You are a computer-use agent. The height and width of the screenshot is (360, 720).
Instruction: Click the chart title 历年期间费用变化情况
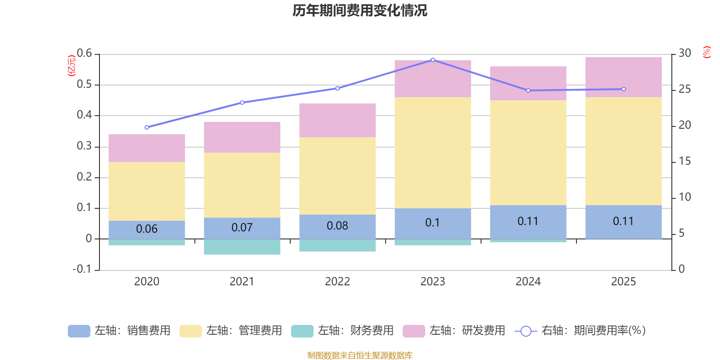(360, 10)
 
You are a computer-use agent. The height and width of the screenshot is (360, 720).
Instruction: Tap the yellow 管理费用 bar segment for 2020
(147, 191)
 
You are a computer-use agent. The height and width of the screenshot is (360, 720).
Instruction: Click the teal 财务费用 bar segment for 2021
(242, 247)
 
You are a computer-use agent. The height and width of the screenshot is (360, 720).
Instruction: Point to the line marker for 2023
(433, 60)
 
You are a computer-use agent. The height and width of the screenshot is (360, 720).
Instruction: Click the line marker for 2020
(147, 127)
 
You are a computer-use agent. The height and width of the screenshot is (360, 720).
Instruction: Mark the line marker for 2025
(624, 89)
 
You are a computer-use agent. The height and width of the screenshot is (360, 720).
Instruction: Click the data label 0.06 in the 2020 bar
(147, 229)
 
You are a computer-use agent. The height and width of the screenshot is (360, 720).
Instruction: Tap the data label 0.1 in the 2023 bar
(432, 223)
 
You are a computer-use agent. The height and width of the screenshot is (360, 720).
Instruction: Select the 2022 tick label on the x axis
(337, 282)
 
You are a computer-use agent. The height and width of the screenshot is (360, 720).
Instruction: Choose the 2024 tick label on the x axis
(528, 282)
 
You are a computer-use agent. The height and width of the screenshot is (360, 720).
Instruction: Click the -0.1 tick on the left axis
(82, 269)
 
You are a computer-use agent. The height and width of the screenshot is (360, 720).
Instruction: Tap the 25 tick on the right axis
(684, 89)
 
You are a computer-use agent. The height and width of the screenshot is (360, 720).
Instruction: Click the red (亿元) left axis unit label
(71, 66)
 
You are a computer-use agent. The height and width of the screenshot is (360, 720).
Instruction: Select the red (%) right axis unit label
(706, 52)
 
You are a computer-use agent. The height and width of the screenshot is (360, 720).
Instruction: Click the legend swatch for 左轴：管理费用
(190, 331)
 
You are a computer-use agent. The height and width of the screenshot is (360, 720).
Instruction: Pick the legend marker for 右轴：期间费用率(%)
(526, 331)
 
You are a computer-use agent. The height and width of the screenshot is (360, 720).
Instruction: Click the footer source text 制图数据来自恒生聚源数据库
(360, 355)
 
